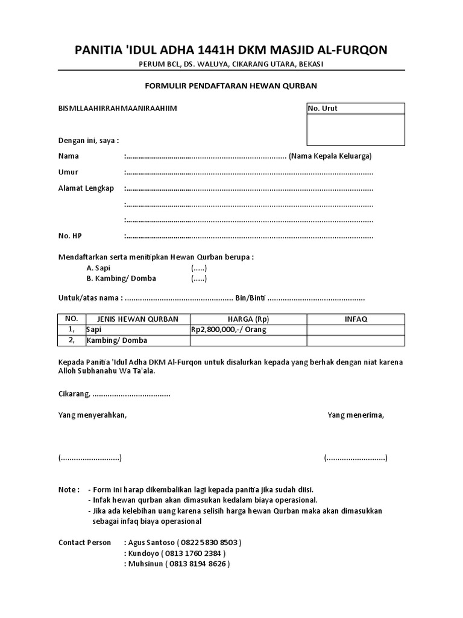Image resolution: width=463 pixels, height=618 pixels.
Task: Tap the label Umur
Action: [68, 173]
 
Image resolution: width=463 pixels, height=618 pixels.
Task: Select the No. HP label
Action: [69, 235]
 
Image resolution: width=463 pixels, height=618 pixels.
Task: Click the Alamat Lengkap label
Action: [86, 188]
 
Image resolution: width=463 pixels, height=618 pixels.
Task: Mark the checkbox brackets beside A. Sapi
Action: [200, 268]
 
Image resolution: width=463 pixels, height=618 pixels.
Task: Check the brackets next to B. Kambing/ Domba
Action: [200, 279]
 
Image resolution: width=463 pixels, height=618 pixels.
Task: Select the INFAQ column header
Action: [356, 319]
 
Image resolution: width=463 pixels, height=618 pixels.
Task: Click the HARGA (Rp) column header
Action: [248, 319]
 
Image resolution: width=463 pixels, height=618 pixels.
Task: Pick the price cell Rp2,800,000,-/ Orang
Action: [228, 330]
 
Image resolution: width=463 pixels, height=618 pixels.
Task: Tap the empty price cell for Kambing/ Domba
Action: [248, 340]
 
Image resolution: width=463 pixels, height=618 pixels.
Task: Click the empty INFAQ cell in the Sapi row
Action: [356, 330]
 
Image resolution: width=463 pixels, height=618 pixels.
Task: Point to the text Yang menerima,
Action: [356, 415]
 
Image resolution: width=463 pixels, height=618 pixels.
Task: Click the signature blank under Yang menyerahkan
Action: [90, 458]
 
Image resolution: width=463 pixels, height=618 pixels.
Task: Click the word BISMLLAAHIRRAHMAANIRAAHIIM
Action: [118, 109]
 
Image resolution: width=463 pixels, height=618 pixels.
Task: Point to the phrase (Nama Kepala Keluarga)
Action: [330, 156]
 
